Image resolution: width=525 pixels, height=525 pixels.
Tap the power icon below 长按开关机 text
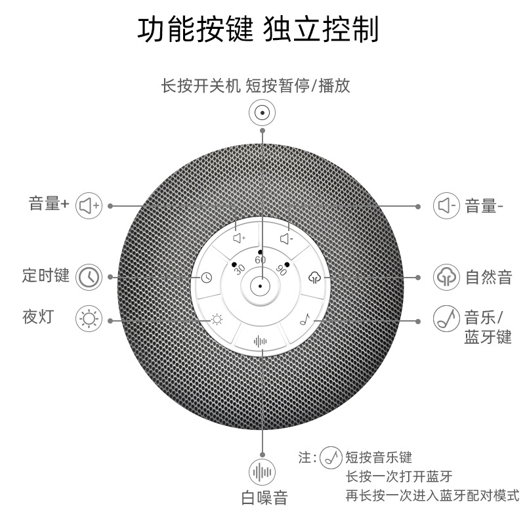262,113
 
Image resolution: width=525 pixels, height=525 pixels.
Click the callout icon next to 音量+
89,205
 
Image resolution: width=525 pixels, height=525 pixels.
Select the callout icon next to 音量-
445,205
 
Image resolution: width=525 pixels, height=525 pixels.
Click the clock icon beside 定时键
89,277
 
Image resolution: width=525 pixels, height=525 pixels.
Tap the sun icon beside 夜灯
89,320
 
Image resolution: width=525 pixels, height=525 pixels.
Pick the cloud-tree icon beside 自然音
446,277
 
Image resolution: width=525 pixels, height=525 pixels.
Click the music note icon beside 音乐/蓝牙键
446,320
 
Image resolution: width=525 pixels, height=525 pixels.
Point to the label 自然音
488,277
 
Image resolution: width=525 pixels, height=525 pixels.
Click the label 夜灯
37,318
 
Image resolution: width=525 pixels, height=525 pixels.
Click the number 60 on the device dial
261,260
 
